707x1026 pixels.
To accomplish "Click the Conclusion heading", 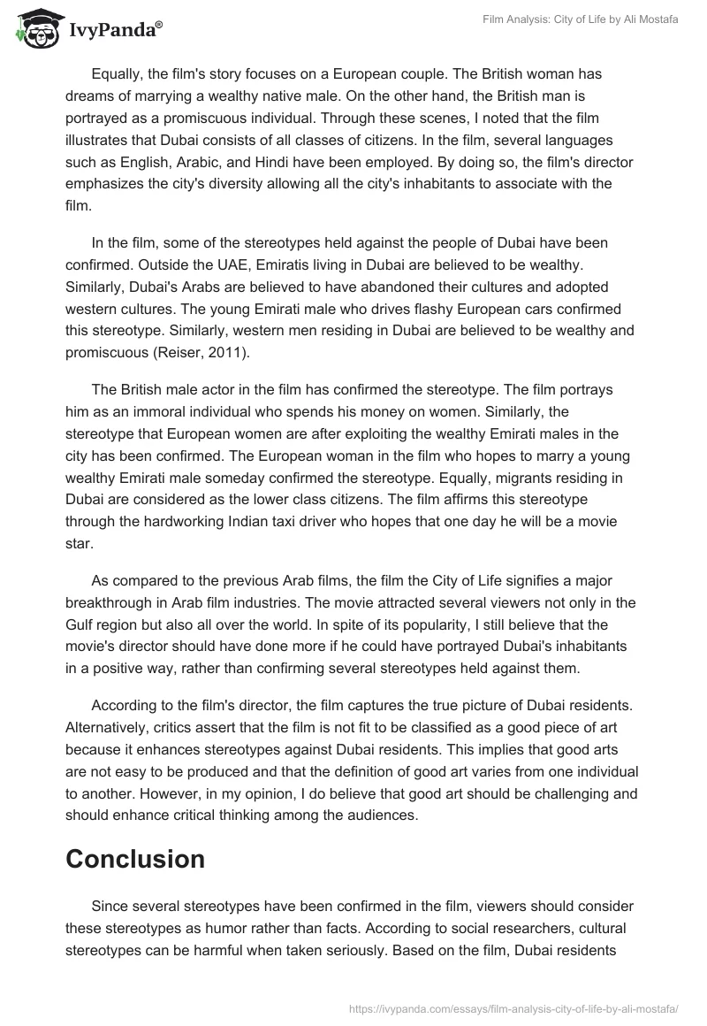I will click(135, 859).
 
